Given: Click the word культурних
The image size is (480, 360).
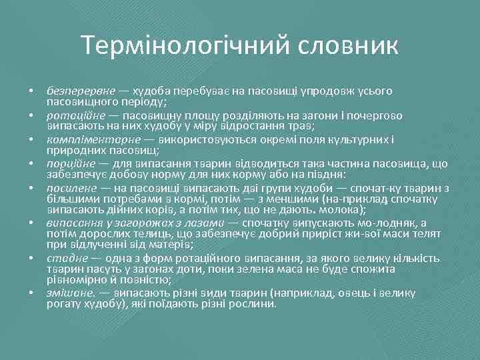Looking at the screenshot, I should click(359, 139).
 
